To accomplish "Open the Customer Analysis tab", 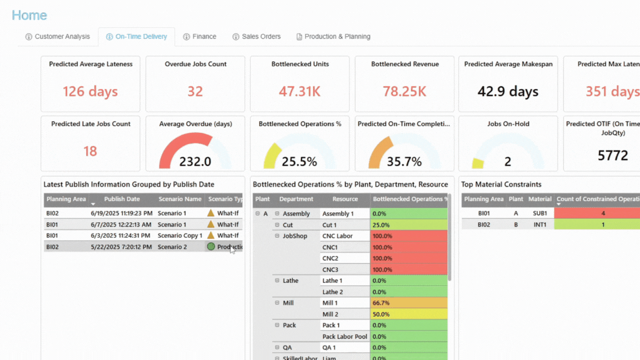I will (x=57, y=37).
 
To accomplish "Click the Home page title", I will (x=29, y=16).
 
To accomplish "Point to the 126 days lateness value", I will (x=90, y=91).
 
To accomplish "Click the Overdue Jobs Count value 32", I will (x=195, y=91).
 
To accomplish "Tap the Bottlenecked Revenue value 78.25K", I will (x=405, y=91).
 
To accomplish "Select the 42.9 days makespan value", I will (x=508, y=91).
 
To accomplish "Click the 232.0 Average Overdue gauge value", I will (x=195, y=162).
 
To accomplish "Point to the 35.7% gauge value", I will (x=404, y=162).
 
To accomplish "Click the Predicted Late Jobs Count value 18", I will (x=90, y=151).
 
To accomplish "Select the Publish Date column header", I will (x=122, y=199).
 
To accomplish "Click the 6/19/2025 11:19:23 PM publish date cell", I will (x=122, y=213).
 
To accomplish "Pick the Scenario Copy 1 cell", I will (x=180, y=236).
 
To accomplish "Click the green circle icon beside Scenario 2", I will (x=211, y=247).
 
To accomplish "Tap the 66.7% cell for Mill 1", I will (x=408, y=303).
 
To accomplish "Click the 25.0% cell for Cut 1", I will (x=408, y=225).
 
